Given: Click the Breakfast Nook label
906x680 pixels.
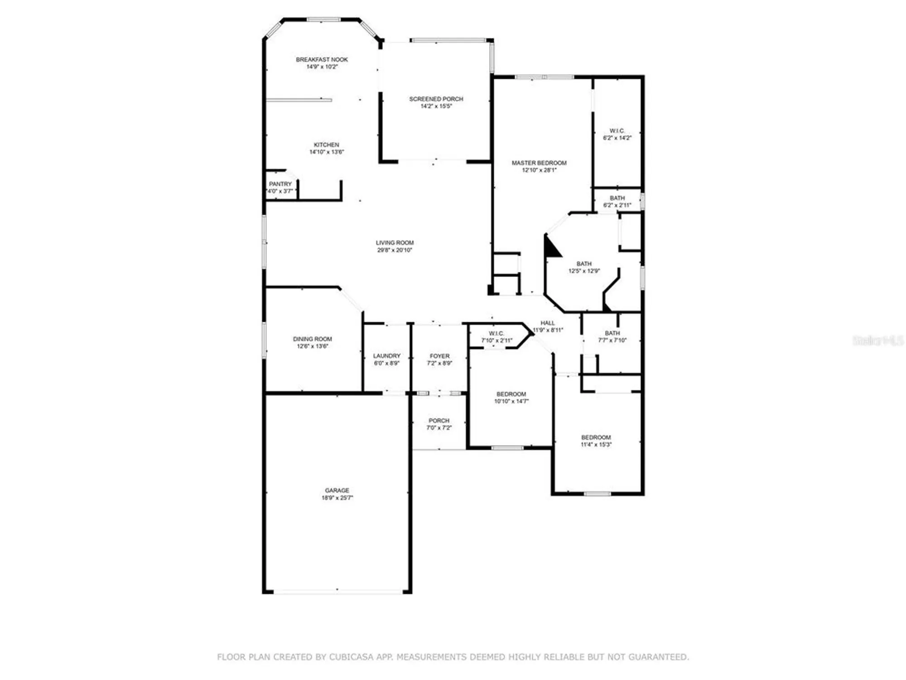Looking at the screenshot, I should pos(322,59).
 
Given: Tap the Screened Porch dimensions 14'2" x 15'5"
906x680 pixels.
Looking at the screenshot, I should pos(436,106).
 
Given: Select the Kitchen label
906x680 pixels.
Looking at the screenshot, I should pos(326,145).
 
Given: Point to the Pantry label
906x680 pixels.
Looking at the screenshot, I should pos(280,184).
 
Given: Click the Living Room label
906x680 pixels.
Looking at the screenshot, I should pos(395,243).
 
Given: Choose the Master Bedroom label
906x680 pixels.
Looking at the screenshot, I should pos(539,163).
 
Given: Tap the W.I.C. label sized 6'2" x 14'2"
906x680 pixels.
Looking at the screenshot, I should pos(617,131).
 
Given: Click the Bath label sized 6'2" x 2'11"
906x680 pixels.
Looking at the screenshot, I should pos(617,198).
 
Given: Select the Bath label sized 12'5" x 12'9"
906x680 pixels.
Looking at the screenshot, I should pos(584,263).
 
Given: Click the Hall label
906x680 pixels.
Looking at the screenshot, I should pos(547,323).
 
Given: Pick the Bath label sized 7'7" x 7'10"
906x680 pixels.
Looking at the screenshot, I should pos(612,333).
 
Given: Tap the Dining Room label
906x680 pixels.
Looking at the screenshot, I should pos(312,339).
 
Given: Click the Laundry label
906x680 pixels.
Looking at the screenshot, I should pos(386,356).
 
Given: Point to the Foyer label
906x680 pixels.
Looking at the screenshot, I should pos(439,356).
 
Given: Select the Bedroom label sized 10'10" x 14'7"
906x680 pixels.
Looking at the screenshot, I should pos(511,394).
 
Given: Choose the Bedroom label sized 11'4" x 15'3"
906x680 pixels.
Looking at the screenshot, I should pos(596,437).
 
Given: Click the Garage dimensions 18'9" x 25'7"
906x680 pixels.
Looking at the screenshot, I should pos(337,498).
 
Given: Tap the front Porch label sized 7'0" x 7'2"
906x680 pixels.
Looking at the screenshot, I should pos(439,420).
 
